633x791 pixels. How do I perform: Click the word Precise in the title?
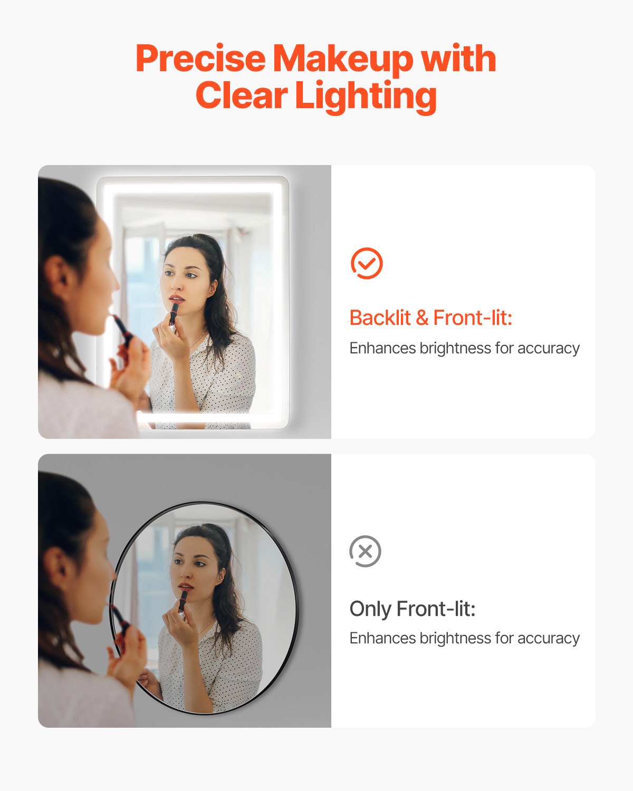[x=200, y=59]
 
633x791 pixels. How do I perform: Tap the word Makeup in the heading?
[x=343, y=59]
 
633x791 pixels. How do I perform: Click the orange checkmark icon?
[x=367, y=263]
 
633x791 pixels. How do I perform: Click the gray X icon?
[x=365, y=552]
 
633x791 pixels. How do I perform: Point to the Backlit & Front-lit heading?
[x=430, y=318]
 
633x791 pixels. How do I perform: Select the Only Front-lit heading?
[x=412, y=609]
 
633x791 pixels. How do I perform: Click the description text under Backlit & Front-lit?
[x=464, y=348]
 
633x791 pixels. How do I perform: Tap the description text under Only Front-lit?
[x=464, y=638]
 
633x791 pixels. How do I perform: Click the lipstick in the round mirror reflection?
[x=183, y=601]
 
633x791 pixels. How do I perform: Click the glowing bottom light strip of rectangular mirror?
[x=211, y=420]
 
